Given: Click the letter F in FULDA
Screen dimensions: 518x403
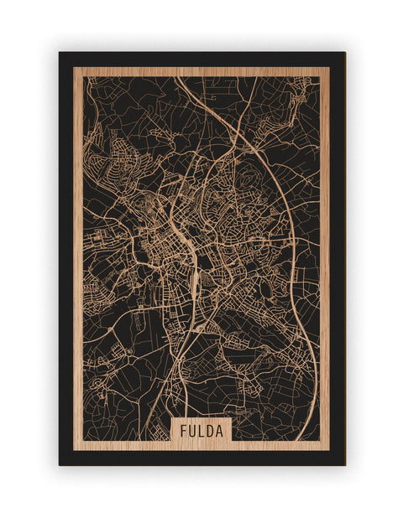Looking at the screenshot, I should [182, 431].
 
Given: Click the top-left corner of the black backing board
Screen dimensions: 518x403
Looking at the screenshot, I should [60, 53].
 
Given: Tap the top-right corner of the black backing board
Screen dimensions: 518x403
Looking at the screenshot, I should [344, 53].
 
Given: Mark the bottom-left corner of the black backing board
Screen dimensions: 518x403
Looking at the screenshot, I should [60, 464].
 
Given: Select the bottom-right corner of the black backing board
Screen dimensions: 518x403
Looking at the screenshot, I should [344, 464].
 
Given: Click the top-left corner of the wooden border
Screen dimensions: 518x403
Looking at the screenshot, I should [73, 67].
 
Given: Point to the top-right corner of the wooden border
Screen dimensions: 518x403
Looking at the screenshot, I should [329, 67].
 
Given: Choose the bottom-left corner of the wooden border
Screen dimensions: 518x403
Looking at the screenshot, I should [73, 450].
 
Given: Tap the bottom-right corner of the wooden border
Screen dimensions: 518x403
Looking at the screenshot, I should [329, 450].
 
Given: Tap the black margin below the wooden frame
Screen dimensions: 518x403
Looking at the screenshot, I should [201, 458].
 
